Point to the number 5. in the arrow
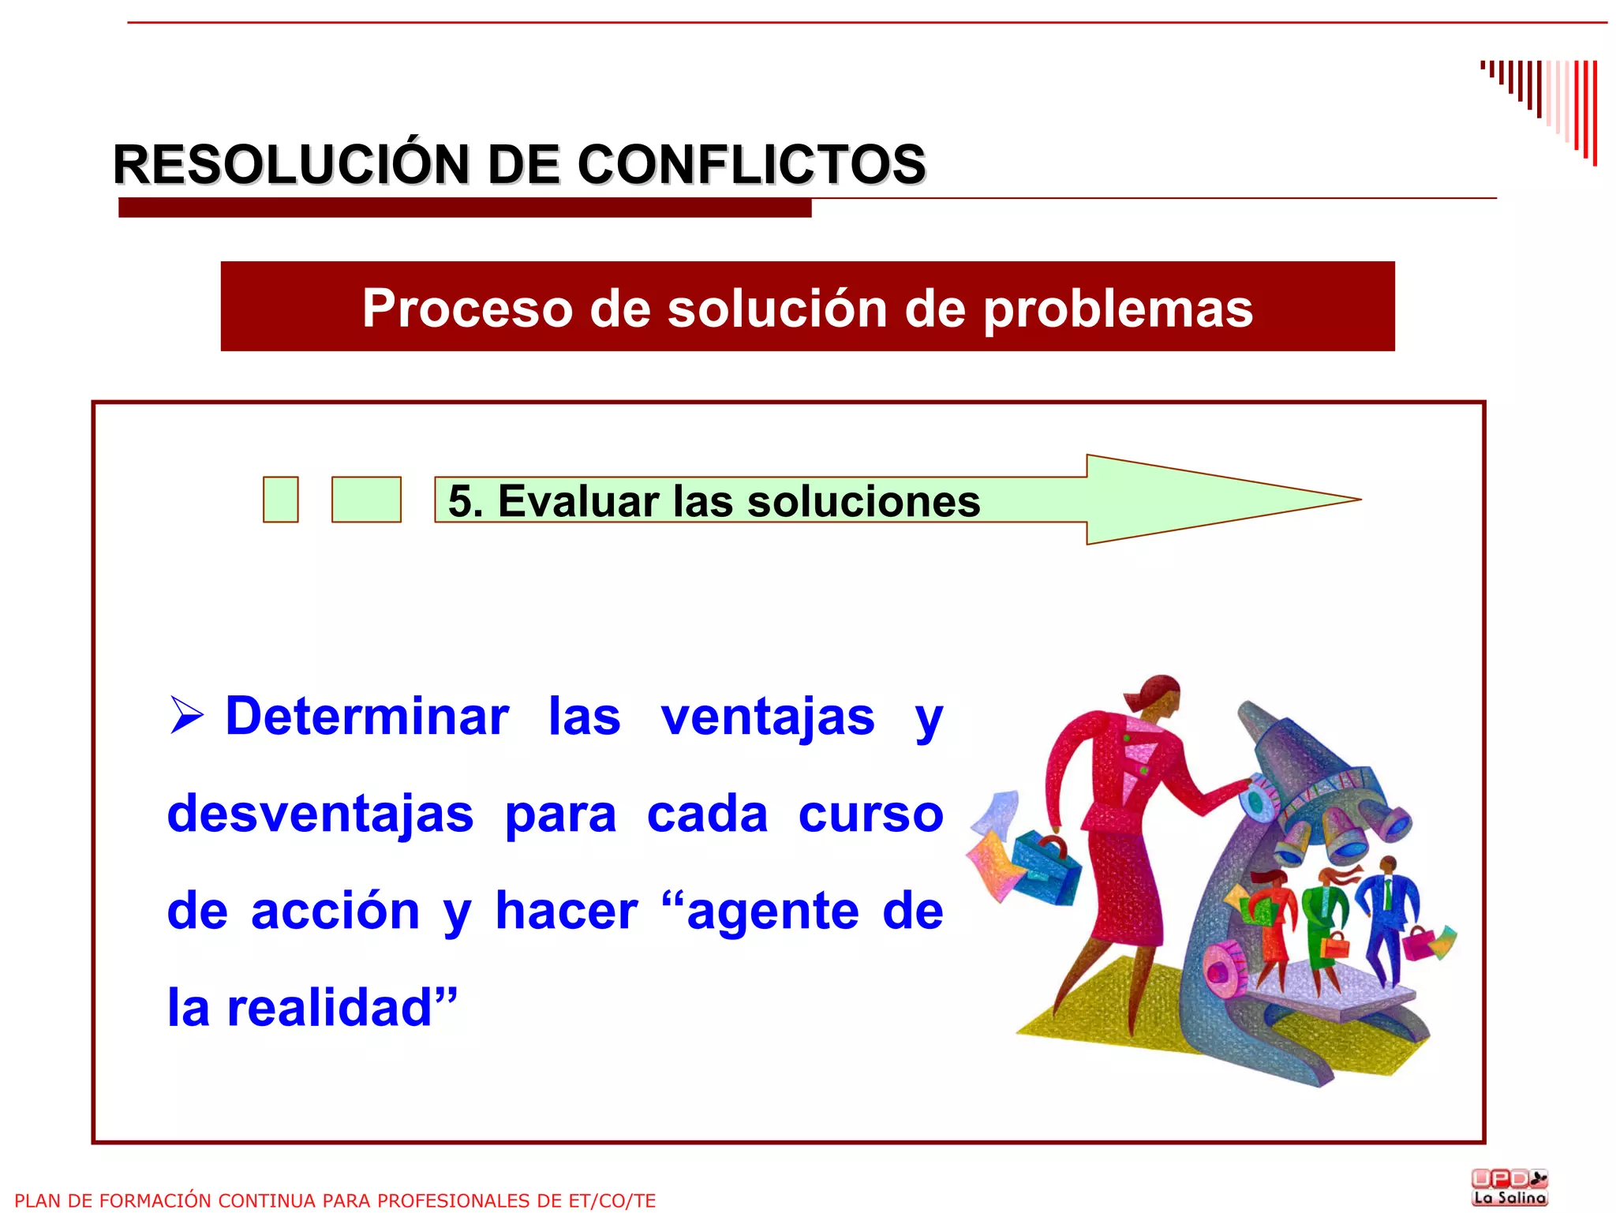(465, 501)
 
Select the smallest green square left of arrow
(281, 500)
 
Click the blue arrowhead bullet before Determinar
(187, 716)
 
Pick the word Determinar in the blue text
(367, 717)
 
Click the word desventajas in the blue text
(320, 814)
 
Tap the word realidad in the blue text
(331, 1008)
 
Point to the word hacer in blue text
(567, 911)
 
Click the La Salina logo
(1509, 1187)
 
